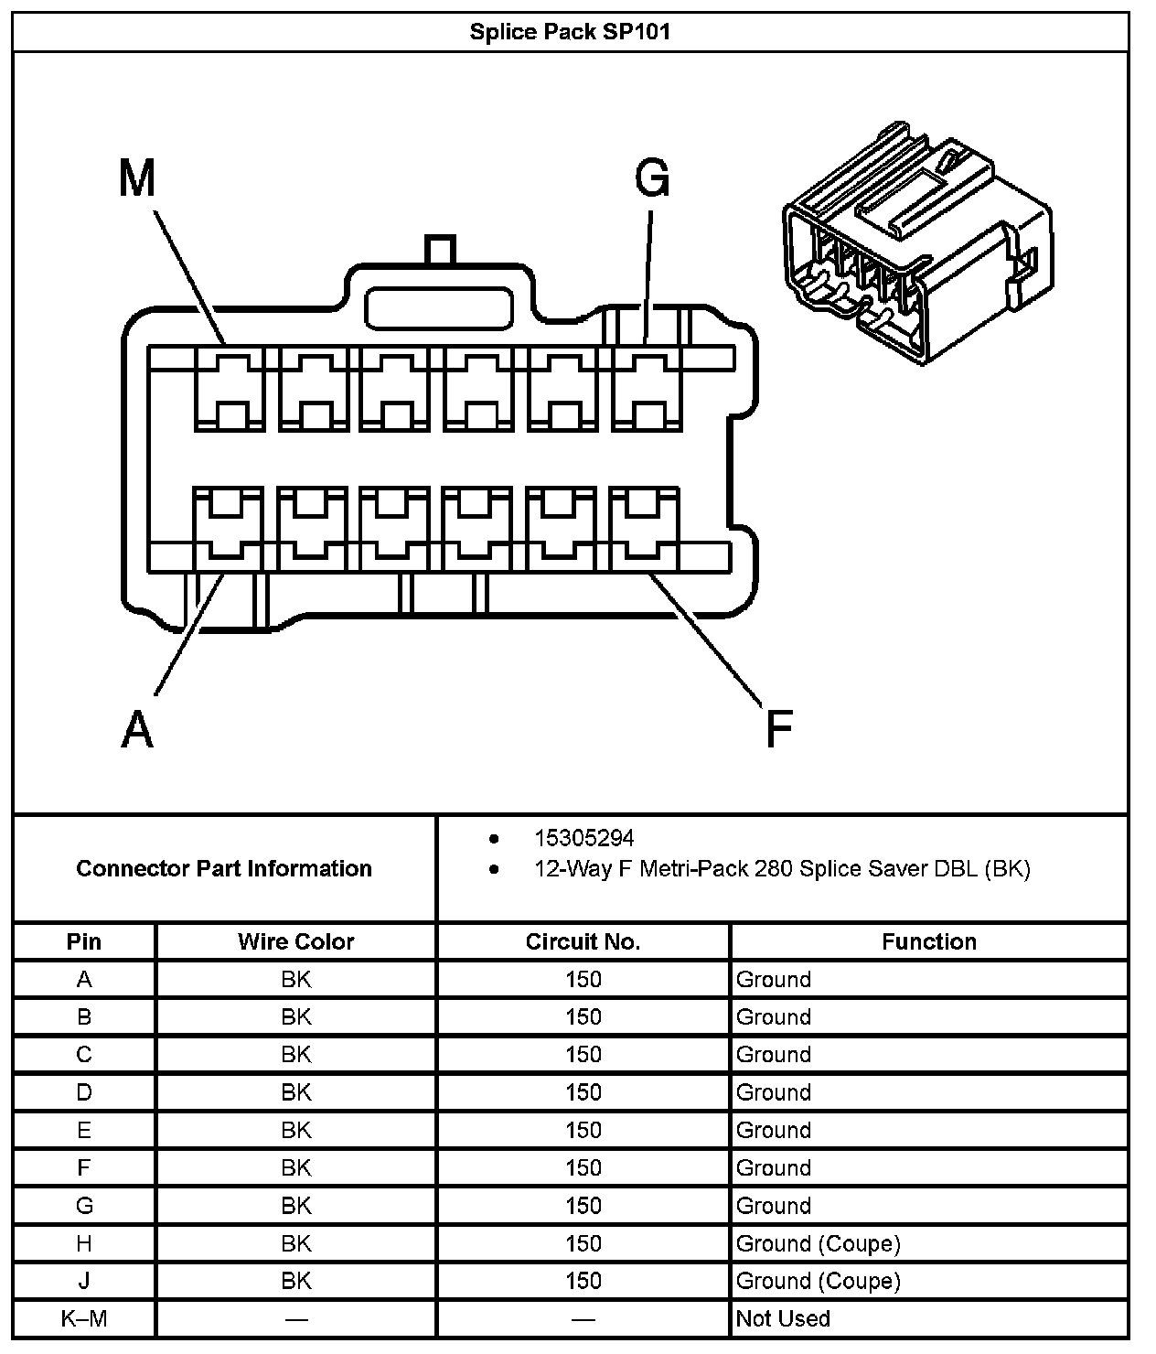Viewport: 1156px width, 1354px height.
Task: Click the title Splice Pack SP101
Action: click(x=570, y=32)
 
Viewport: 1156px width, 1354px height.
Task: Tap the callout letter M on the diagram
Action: click(x=137, y=178)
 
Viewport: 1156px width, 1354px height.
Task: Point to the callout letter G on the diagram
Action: click(x=652, y=178)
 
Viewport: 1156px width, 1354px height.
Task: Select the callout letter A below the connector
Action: click(x=137, y=729)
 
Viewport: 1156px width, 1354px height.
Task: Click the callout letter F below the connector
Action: click(x=778, y=729)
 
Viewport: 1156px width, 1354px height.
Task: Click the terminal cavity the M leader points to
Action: click(x=229, y=389)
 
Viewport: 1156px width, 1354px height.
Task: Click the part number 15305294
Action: click(x=583, y=838)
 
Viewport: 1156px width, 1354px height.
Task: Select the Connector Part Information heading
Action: click(x=224, y=868)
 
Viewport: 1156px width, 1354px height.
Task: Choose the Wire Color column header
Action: click(x=295, y=941)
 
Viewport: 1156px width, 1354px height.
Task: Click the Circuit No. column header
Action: click(x=583, y=941)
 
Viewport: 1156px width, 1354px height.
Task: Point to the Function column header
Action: click(x=928, y=941)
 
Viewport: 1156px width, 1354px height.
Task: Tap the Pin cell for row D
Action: click(x=84, y=1092)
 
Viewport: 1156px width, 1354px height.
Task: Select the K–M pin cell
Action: click(x=84, y=1318)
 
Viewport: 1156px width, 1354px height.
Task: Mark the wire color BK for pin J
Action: click(x=295, y=1281)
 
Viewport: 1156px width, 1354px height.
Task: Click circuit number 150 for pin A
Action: click(x=583, y=980)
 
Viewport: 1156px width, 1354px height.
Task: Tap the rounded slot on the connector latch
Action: click(x=438, y=308)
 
